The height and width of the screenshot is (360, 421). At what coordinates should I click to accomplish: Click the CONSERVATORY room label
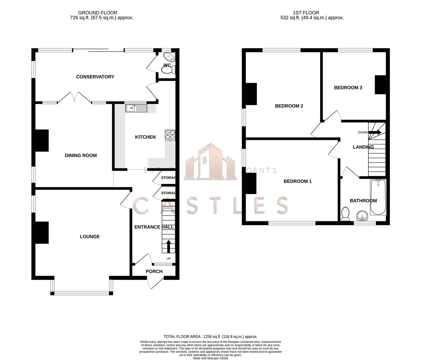pyautogui.click(x=95, y=77)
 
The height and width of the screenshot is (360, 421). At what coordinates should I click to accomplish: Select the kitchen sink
pyautogui.click(x=136, y=108)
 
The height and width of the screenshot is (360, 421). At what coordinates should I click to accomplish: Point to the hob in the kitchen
pyautogui.click(x=170, y=135)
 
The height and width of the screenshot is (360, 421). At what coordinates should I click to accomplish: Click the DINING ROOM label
pyautogui.click(x=81, y=155)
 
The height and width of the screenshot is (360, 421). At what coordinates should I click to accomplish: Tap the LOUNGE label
pyautogui.click(x=90, y=237)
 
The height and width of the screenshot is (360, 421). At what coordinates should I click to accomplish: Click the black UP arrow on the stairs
pyautogui.click(x=169, y=246)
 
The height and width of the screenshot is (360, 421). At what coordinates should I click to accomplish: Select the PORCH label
pyautogui.click(x=154, y=271)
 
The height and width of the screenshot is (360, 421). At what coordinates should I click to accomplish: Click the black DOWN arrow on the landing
pyautogui.click(x=375, y=132)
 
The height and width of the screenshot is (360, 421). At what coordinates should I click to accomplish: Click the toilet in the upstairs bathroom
pyautogui.click(x=345, y=214)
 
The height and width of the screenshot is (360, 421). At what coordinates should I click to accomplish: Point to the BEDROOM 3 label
pyautogui.click(x=348, y=88)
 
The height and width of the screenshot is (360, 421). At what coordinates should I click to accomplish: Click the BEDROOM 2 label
pyautogui.click(x=289, y=106)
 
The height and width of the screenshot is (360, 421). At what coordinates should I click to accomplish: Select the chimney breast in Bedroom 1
pyautogui.click(x=251, y=184)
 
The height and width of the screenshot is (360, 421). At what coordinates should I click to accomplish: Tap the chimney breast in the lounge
pyautogui.click(x=42, y=232)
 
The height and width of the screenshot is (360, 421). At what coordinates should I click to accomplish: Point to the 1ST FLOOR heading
pyautogui.click(x=306, y=13)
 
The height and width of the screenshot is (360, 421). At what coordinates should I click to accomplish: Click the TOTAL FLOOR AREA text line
pyautogui.click(x=210, y=337)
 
